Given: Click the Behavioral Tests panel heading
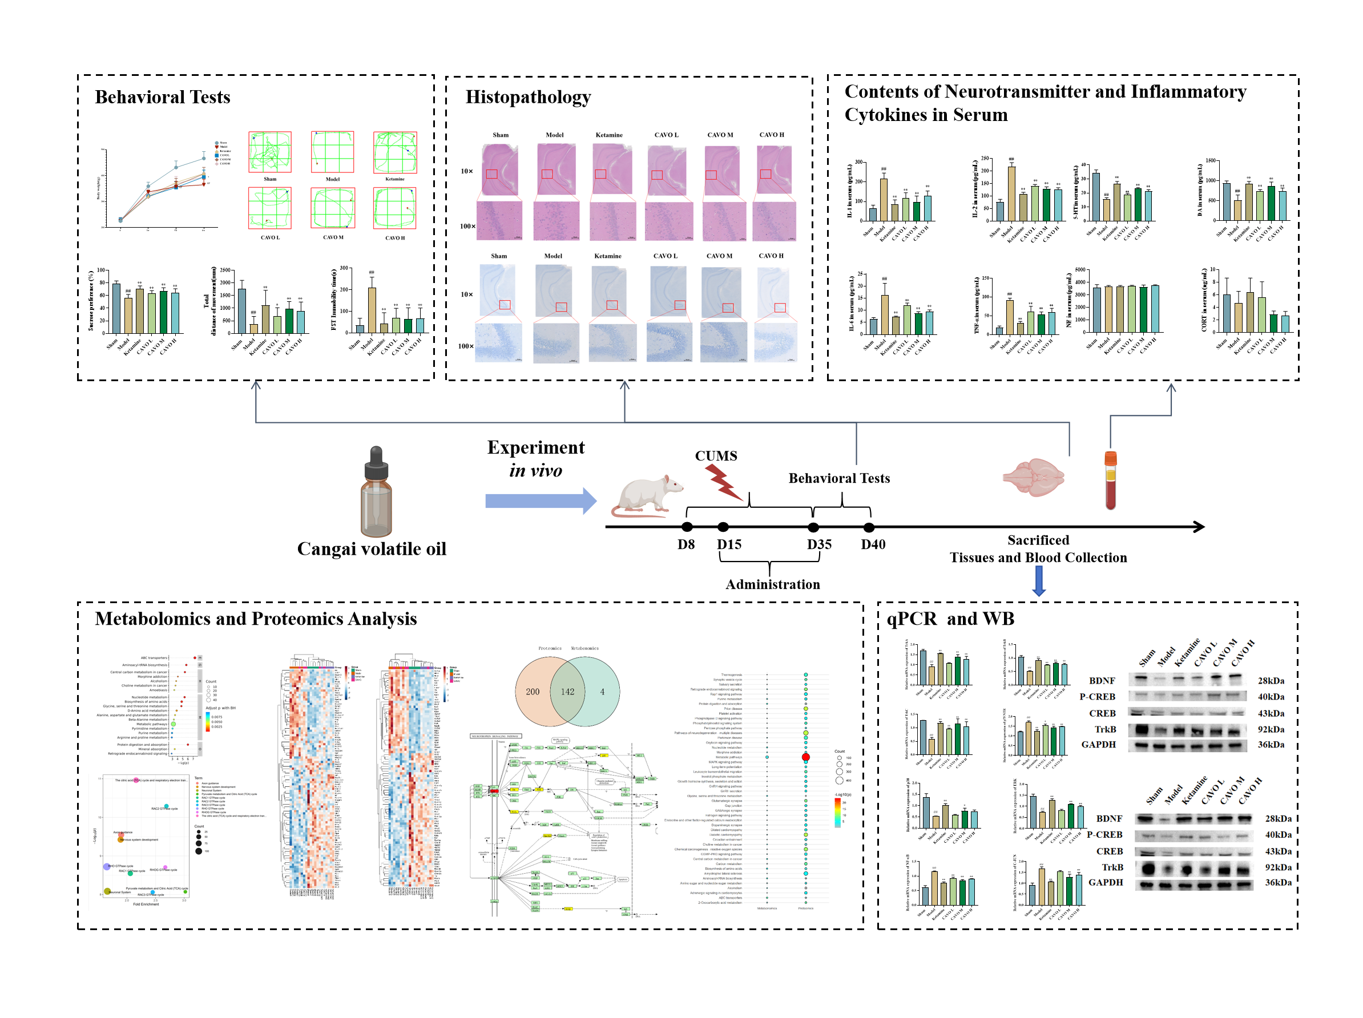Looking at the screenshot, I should [162, 98].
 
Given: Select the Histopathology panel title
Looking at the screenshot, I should [527, 98].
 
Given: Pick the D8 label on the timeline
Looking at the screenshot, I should [686, 544].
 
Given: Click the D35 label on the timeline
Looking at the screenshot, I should [819, 544].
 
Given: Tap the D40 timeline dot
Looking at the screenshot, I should [869, 527].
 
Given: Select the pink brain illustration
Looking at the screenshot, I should [1033, 477].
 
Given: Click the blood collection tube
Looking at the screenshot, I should [1110, 481].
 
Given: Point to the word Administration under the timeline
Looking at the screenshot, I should [773, 584].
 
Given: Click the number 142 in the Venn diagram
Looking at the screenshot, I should [567, 692].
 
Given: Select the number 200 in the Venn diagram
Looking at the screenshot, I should [533, 692].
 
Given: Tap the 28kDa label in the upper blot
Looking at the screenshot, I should [1271, 681].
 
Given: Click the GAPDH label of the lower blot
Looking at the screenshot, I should [1106, 883].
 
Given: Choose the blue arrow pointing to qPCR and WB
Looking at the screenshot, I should [1038, 581].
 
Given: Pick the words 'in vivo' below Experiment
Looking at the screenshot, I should [535, 471].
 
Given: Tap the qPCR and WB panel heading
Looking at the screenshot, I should [950, 619].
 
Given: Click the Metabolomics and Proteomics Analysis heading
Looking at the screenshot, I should [256, 619].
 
